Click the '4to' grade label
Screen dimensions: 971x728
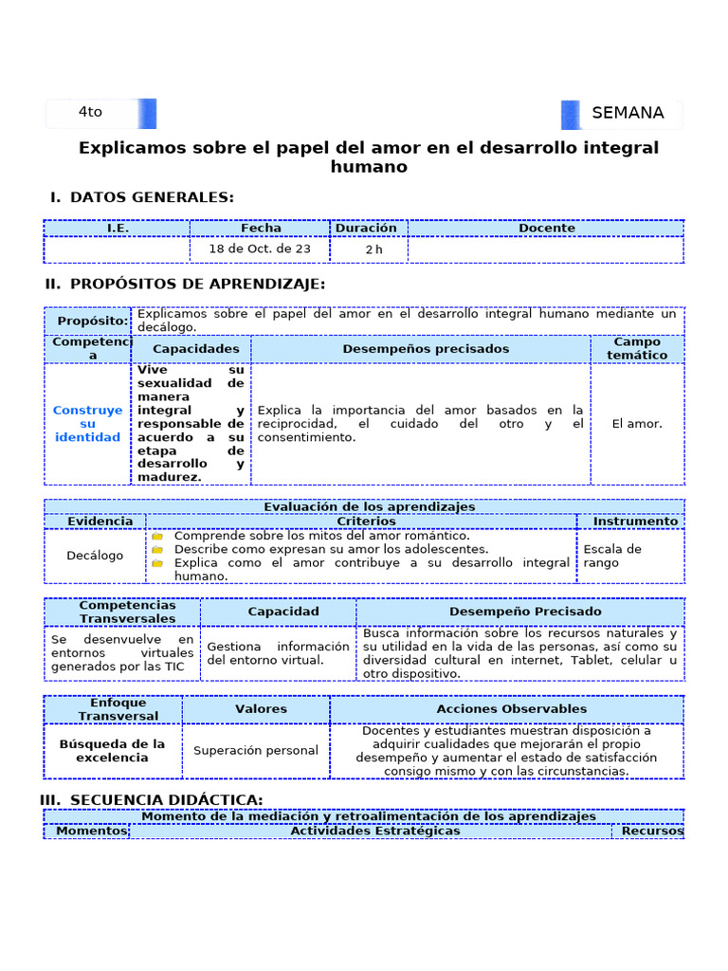click(x=90, y=112)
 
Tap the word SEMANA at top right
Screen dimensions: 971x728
click(x=628, y=113)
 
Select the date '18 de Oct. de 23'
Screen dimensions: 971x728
click(x=261, y=248)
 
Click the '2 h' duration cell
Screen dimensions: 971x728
click(x=373, y=249)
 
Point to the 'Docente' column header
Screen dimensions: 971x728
click(x=547, y=228)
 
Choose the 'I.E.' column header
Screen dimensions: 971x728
click(x=118, y=228)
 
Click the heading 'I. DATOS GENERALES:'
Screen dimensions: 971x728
click(x=142, y=197)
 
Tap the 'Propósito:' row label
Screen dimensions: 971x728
click(x=92, y=321)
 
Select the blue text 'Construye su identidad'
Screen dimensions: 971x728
click(x=87, y=424)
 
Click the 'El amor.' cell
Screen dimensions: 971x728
click(x=638, y=424)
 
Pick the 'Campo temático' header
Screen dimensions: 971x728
click(x=637, y=348)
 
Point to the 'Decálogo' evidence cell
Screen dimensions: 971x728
click(x=95, y=556)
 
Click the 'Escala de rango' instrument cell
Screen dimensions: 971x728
click(x=612, y=556)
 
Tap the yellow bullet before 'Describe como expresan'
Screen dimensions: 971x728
click(x=157, y=549)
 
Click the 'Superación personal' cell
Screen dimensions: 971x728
click(x=256, y=750)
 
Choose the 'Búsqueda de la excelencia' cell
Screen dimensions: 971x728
click(x=112, y=750)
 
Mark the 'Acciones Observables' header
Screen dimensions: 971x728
click(x=511, y=708)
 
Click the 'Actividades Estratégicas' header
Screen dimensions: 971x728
click(x=374, y=831)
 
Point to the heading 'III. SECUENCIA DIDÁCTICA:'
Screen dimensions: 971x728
click(x=152, y=800)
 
